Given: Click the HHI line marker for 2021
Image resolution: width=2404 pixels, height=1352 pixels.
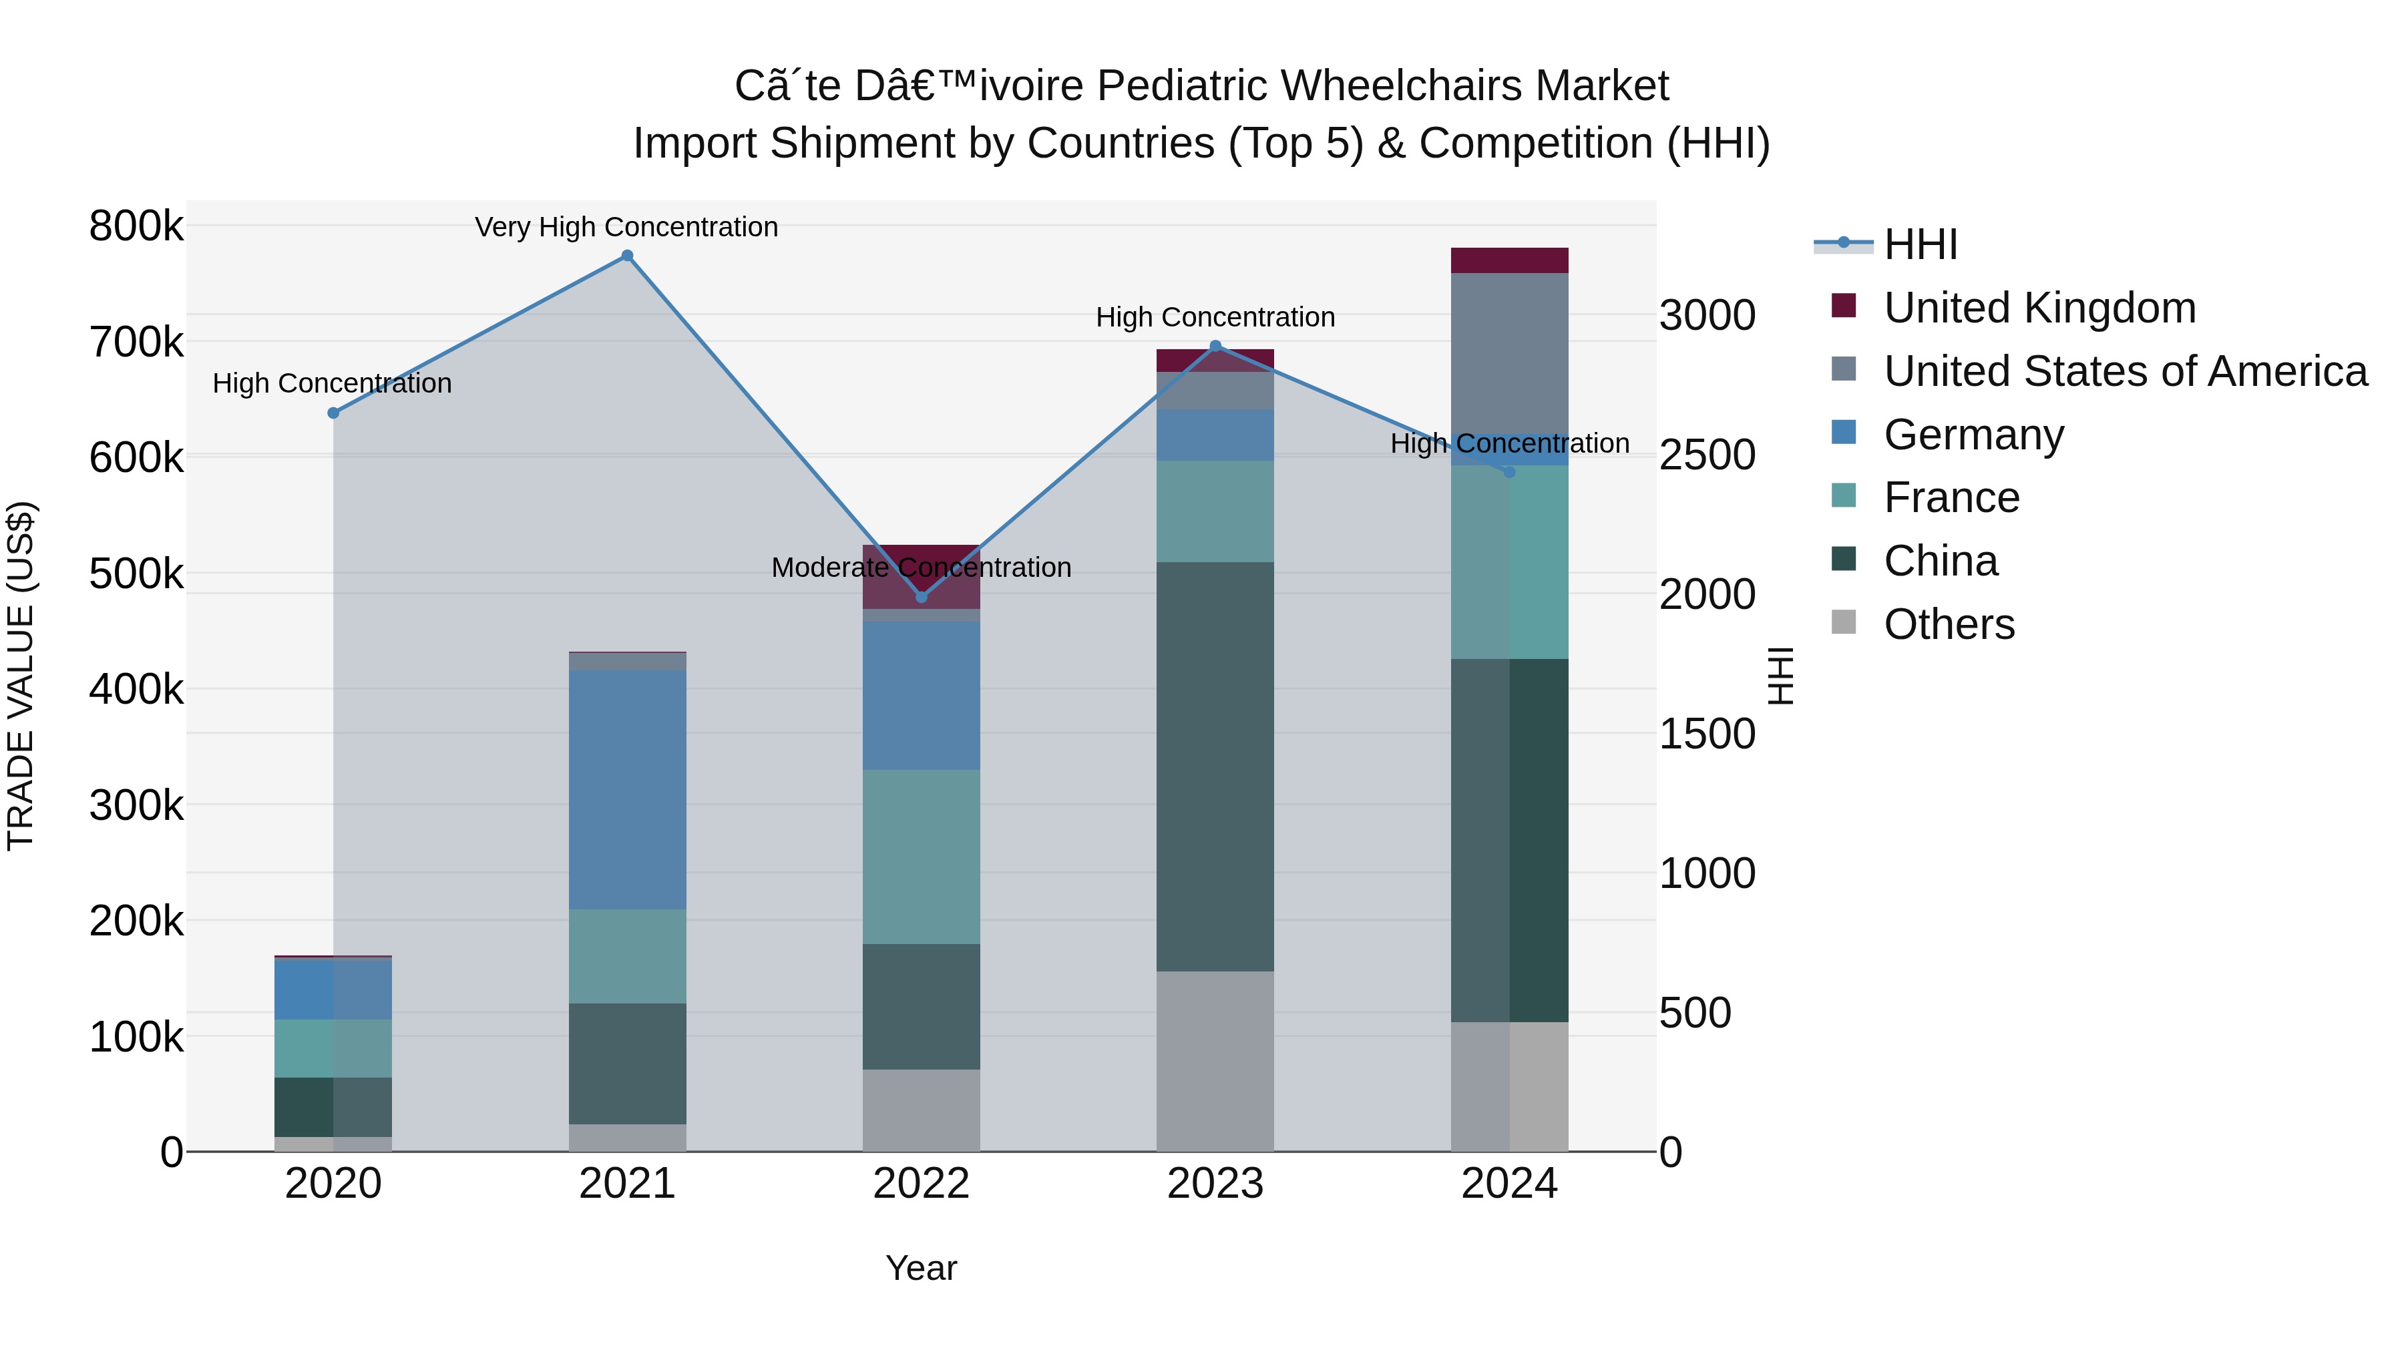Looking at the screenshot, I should coord(627,256).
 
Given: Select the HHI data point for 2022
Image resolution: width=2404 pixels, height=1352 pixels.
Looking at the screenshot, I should coord(921,596).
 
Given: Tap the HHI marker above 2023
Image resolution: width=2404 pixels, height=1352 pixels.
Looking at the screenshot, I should coord(1215,346).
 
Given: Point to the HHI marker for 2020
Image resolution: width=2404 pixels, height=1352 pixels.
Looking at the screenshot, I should coord(333,413).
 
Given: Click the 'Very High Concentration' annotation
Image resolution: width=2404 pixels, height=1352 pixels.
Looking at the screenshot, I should coord(626,227).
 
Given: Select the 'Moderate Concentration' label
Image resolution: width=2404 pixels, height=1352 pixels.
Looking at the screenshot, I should coord(921,568).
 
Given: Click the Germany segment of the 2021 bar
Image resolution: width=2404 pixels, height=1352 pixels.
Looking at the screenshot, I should coord(627,789).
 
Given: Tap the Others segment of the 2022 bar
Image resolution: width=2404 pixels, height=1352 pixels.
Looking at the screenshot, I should coord(921,1110).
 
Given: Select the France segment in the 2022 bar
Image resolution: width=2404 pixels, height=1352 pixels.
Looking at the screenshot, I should coord(921,857).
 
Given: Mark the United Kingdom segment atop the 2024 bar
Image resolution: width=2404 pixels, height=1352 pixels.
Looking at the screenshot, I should coord(1509,260).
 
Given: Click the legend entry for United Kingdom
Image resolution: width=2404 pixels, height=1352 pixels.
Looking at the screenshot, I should coord(2039,308).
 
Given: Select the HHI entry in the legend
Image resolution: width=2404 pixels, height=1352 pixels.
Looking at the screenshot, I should coord(1920,244).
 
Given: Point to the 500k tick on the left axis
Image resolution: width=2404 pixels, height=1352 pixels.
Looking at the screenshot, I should coord(136,574).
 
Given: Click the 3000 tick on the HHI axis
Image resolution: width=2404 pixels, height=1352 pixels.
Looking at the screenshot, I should coord(1707,315).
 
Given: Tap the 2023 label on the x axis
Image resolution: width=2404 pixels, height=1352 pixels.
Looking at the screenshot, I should coord(1215,1184).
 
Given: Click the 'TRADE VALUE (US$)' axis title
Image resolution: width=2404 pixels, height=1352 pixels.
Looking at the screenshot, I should coord(21,676).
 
